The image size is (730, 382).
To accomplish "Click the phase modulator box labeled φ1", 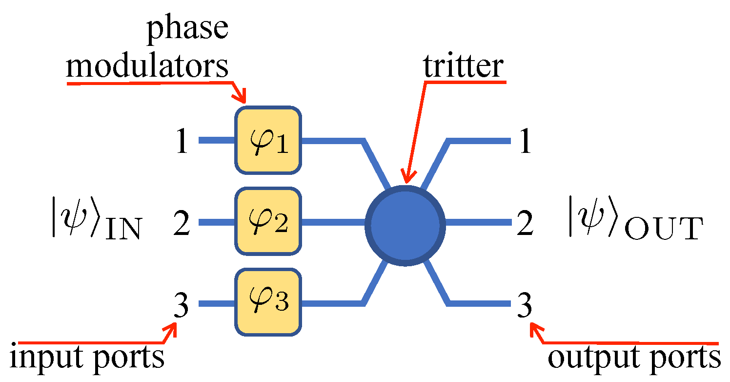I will [268, 140].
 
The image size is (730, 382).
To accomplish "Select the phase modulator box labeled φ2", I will [268, 222].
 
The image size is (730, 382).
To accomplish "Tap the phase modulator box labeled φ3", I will [268, 302].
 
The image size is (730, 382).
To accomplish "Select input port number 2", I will [182, 224].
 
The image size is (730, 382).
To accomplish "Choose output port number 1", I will [525, 143].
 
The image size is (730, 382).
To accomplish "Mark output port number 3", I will [525, 306].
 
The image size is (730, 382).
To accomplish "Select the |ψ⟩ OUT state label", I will [635, 224].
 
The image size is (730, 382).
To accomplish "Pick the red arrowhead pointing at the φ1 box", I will [241, 97].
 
